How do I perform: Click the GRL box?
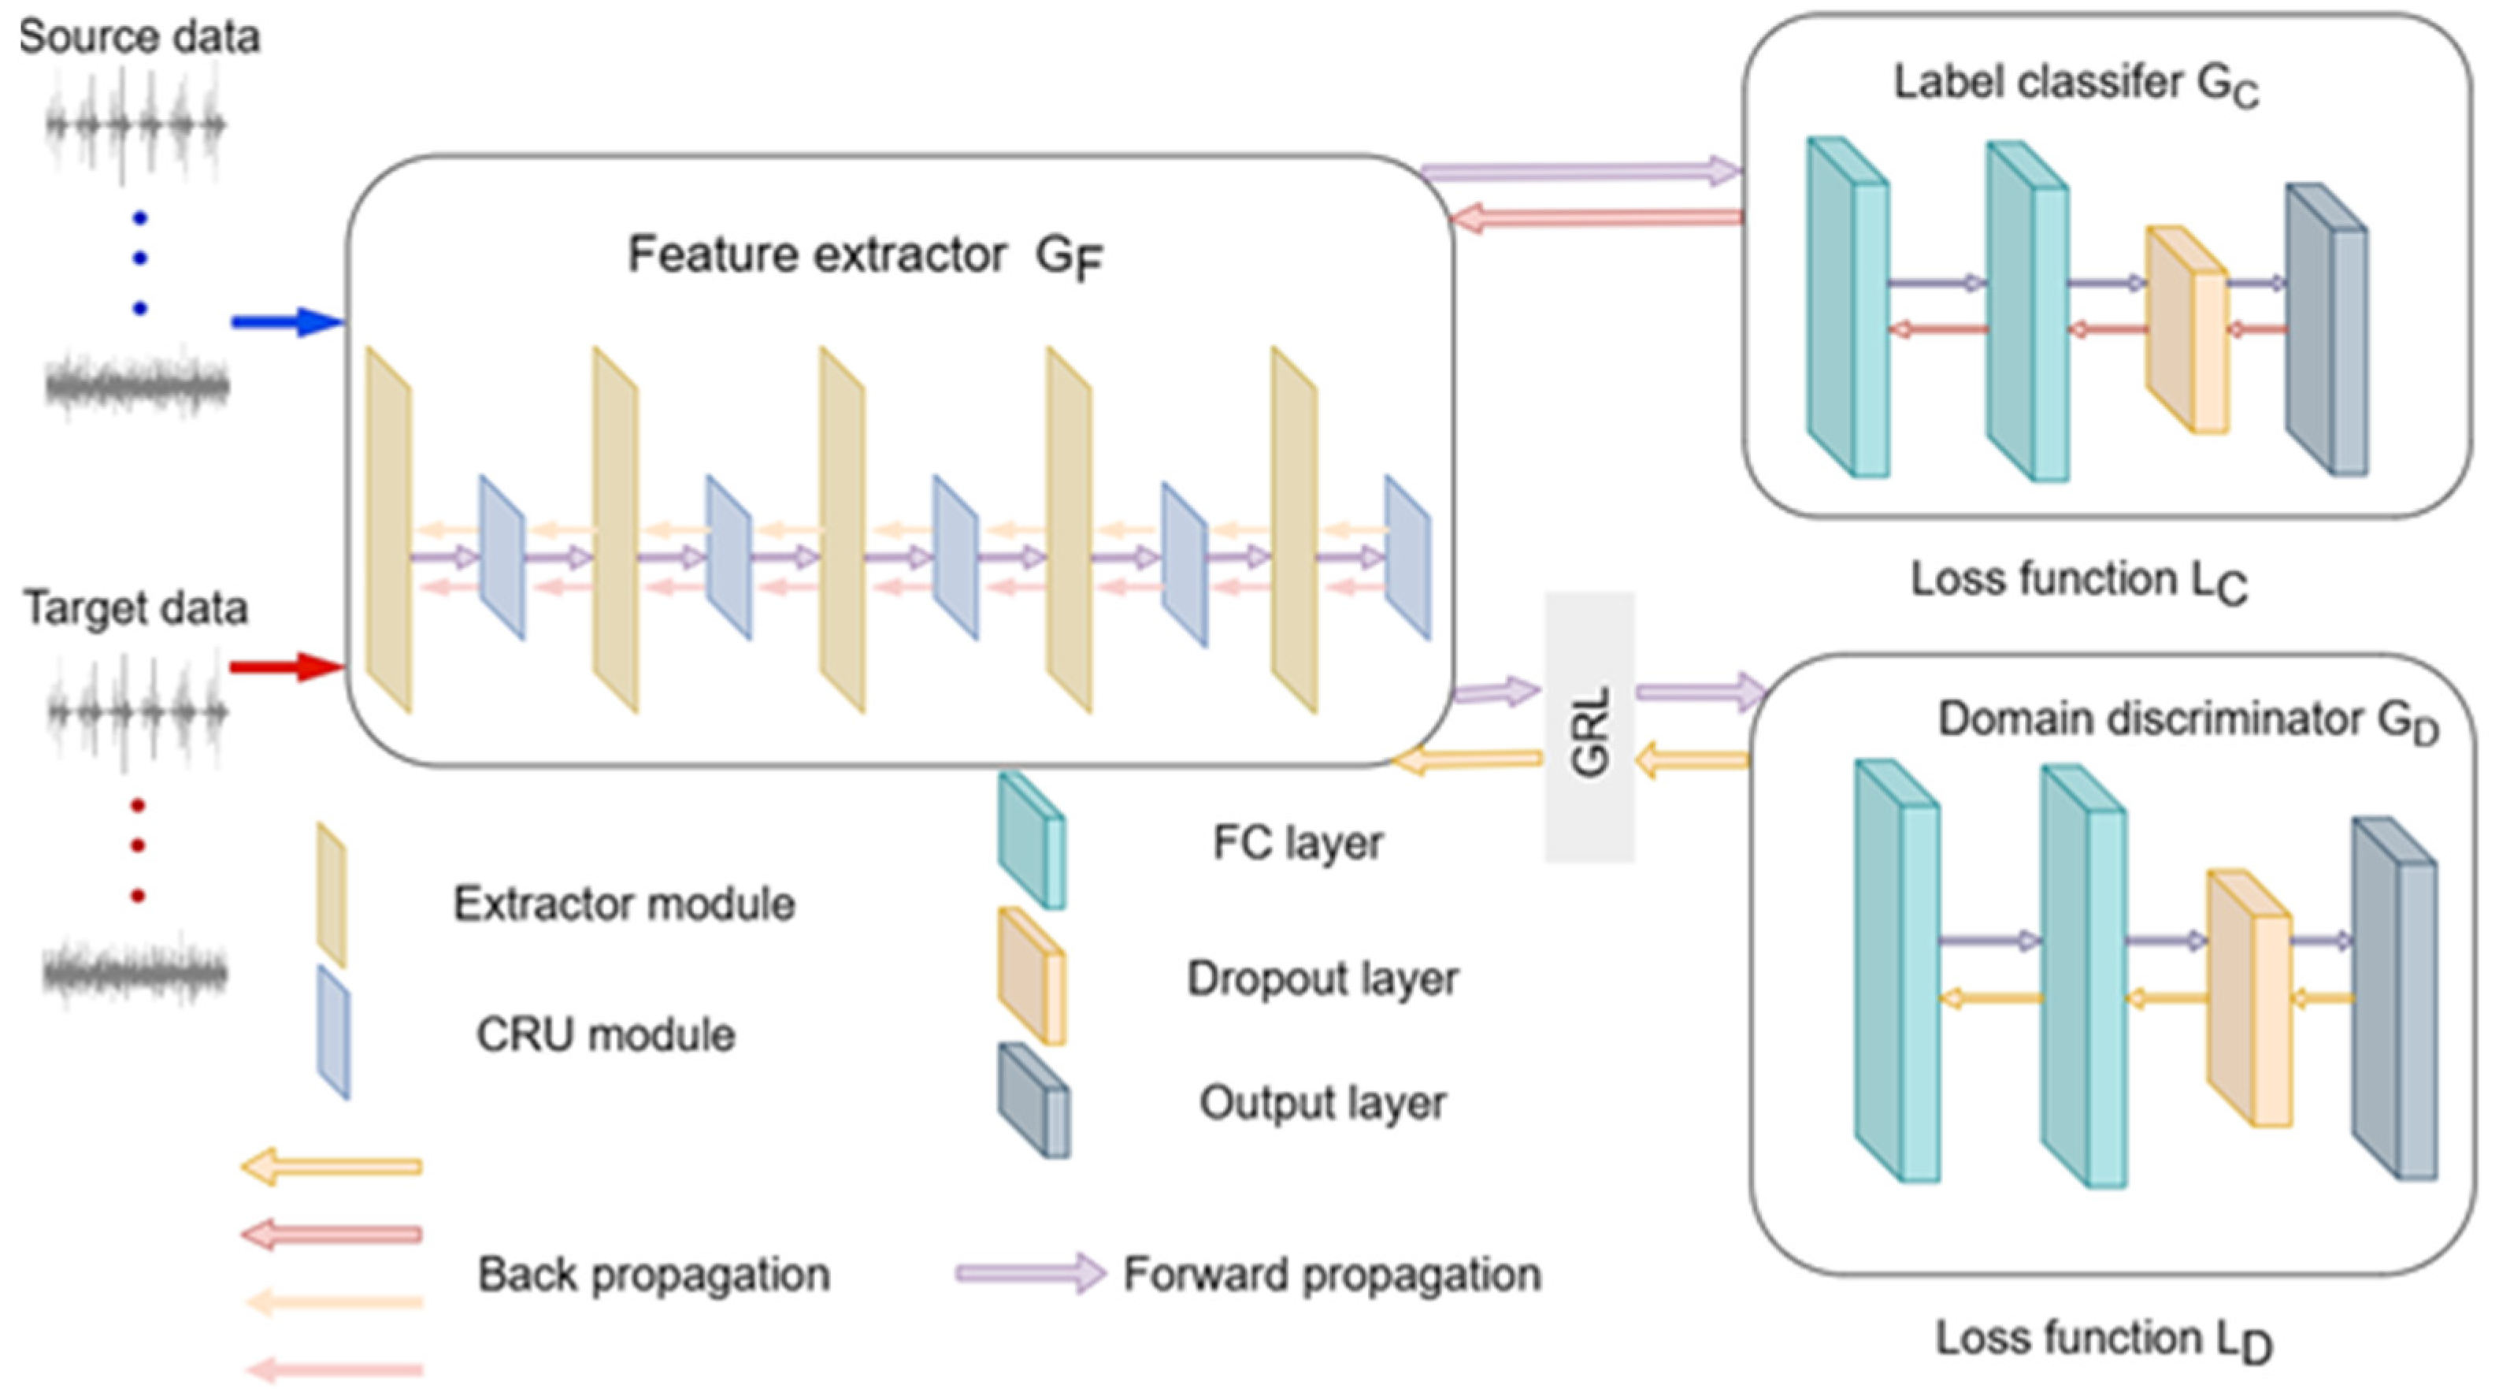[1589, 728]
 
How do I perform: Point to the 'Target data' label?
[135, 608]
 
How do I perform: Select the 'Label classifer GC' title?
[2076, 84]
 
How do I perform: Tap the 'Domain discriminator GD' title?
[2188, 721]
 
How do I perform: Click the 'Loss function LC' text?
[2078, 580]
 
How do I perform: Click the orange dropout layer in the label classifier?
[2186, 330]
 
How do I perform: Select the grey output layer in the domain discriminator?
[2394, 999]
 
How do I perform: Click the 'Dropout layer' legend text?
[1322, 978]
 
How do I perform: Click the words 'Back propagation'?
[654, 1275]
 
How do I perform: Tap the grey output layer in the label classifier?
[2327, 330]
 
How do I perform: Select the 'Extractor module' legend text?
[624, 904]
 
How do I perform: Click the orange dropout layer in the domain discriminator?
[2249, 999]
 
